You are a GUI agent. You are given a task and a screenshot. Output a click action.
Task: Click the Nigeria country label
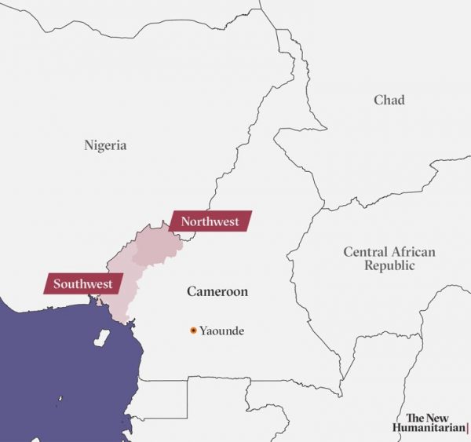pos(105,145)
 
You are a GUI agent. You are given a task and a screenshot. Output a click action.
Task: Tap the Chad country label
pos(389,100)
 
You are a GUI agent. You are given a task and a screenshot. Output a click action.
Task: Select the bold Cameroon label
pos(217,292)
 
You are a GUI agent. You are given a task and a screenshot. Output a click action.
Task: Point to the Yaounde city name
pos(221,331)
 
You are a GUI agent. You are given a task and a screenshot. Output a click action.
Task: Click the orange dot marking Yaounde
pos(193,331)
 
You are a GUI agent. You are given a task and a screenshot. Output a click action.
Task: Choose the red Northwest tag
pos(210,221)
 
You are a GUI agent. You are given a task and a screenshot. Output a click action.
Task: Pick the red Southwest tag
pos(82,283)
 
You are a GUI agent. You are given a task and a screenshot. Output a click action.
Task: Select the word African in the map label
pos(414,252)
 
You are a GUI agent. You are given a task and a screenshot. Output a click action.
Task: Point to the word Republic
pos(389,265)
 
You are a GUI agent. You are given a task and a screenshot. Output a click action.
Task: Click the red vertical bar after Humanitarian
pos(467,429)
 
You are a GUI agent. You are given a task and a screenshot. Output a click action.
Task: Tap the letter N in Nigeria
pos(89,145)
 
